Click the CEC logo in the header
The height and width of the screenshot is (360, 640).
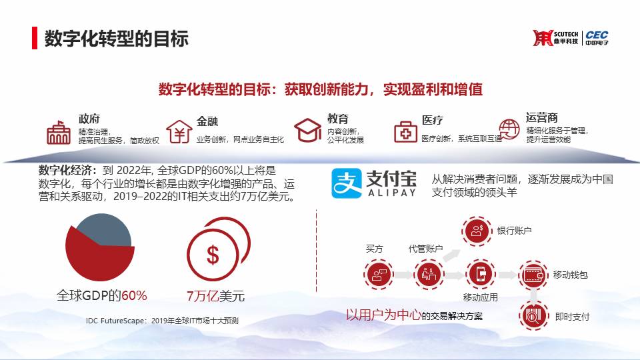[x=597, y=38]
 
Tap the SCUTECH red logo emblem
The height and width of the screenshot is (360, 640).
[x=543, y=38]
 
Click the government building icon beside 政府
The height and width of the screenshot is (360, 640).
[x=59, y=133]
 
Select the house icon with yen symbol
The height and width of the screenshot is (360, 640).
[x=179, y=131]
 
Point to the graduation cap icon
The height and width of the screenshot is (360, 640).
[x=307, y=130]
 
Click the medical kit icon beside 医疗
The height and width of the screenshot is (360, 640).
[x=405, y=131]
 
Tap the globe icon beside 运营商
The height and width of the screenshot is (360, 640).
[x=509, y=129]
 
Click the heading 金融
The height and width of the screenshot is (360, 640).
[x=207, y=121]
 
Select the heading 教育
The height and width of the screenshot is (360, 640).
[x=337, y=119]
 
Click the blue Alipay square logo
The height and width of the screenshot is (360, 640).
[x=347, y=183]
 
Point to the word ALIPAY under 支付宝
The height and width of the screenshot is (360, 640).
[x=392, y=193]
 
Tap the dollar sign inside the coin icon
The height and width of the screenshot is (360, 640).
[x=213, y=255]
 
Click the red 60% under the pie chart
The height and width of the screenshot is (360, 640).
[x=134, y=295]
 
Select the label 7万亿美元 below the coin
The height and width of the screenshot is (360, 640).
[x=215, y=296]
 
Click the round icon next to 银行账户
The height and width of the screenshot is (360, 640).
[x=477, y=231]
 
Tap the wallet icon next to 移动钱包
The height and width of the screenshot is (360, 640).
[x=533, y=275]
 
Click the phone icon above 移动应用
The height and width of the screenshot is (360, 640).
[x=481, y=274]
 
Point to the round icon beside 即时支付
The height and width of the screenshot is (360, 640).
[x=533, y=316]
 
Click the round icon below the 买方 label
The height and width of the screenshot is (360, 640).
[x=379, y=274]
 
